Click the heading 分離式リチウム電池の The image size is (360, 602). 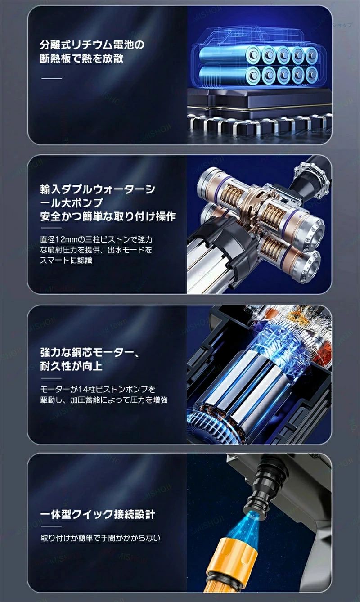[x=92, y=45]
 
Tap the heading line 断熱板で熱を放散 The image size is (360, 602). [x=81, y=58]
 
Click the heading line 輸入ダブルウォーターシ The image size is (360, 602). [x=98, y=189]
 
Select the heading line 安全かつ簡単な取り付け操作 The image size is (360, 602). [x=108, y=216]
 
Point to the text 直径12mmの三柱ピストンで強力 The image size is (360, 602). [x=96, y=239]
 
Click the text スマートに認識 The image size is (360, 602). [x=66, y=260]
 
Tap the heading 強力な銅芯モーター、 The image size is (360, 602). [x=90, y=352]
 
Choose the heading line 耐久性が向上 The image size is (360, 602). [x=71, y=366]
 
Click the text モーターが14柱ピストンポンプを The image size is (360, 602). [x=98, y=389]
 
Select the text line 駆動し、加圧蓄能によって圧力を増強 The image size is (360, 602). [x=104, y=400]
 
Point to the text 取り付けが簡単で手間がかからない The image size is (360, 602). [x=100, y=538]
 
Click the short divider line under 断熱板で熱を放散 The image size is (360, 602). [x=52, y=78]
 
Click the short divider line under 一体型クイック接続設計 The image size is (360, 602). [x=51, y=526]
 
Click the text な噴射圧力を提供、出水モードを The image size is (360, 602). [x=96, y=250]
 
